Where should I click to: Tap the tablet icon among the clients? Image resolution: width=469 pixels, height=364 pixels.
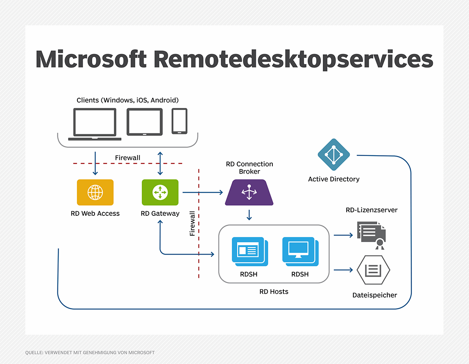[x=145, y=122]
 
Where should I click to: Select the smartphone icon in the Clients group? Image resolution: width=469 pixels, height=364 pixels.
[x=179, y=121]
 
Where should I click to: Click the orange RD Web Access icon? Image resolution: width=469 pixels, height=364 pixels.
[x=95, y=192]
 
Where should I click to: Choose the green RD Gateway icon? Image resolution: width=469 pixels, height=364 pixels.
[x=160, y=192]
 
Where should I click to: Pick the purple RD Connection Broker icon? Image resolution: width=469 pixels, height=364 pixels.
[x=249, y=192]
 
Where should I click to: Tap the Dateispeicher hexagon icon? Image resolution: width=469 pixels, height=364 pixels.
[x=373, y=270]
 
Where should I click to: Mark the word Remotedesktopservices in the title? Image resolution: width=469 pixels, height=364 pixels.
[x=292, y=59]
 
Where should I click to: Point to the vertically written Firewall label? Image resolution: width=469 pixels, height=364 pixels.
[x=192, y=224]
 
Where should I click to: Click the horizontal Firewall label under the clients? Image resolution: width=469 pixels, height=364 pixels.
[x=127, y=158]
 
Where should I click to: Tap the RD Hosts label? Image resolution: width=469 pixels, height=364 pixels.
[x=274, y=292]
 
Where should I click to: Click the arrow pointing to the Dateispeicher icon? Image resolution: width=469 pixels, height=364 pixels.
[x=343, y=270]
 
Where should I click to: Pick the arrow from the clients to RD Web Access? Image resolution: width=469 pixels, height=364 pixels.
[x=95, y=163]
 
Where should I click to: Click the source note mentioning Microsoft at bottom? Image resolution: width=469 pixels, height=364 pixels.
[x=90, y=353]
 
